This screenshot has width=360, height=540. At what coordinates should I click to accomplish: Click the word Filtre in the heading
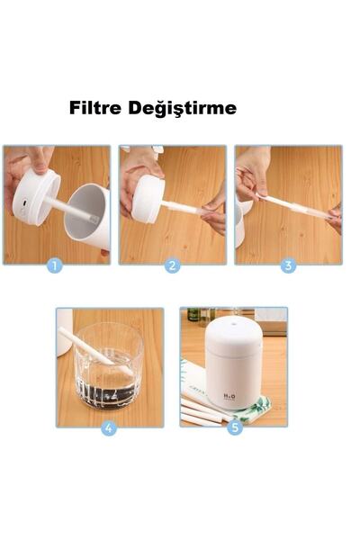[x=95, y=108]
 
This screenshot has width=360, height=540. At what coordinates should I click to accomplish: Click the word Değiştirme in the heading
[x=182, y=109]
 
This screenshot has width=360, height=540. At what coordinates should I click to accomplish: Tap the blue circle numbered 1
[x=55, y=265]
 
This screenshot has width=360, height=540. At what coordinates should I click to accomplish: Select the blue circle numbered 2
[x=172, y=265]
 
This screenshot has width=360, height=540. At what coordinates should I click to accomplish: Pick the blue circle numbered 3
[x=288, y=265]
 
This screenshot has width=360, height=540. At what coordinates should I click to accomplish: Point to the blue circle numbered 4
[x=109, y=428]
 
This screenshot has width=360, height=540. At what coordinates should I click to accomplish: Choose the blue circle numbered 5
[x=235, y=427]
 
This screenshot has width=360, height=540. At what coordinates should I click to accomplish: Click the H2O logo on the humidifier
[x=229, y=397]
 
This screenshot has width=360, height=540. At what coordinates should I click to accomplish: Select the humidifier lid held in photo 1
[x=36, y=197]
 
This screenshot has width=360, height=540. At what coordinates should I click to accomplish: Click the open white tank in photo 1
[x=87, y=216]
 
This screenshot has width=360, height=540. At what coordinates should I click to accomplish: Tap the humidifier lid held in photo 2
[x=148, y=199]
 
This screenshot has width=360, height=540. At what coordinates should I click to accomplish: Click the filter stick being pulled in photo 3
[x=293, y=206]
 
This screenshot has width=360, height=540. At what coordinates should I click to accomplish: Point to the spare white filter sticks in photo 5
[x=203, y=411]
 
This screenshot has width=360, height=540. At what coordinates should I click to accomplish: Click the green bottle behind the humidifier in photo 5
[x=193, y=314]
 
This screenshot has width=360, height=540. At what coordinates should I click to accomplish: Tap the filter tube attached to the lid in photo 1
[x=71, y=209]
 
